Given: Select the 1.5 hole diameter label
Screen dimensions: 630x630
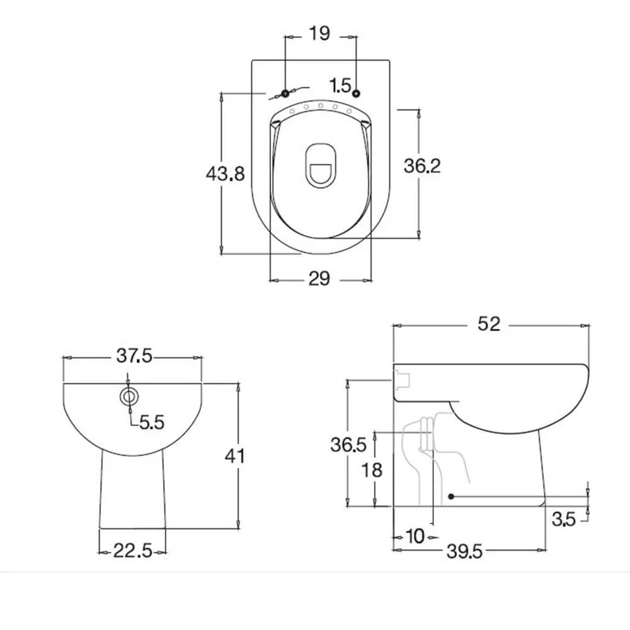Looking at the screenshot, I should click(340, 85).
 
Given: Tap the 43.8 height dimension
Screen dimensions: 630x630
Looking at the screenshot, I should click(225, 173).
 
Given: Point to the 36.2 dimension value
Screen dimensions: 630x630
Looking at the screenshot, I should click(422, 166).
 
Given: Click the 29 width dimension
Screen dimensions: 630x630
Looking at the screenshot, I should click(319, 278).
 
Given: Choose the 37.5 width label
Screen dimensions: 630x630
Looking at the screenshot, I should click(134, 356).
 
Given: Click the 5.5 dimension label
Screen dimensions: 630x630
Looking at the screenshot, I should click(151, 422).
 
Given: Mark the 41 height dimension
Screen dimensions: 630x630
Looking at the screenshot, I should click(236, 455).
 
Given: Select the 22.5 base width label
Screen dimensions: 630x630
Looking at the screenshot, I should click(133, 552).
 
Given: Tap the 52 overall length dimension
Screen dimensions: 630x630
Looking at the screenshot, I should click(489, 324).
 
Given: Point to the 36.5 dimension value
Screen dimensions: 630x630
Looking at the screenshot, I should click(348, 445).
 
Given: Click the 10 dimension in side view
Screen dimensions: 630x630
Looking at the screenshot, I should click(415, 536).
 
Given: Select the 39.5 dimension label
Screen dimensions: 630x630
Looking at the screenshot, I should click(465, 552).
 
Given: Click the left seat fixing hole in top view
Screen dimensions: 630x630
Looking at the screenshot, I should click(285, 94).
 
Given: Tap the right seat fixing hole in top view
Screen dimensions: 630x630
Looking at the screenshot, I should click(357, 94).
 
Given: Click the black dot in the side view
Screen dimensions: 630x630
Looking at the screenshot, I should click(451, 496).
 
